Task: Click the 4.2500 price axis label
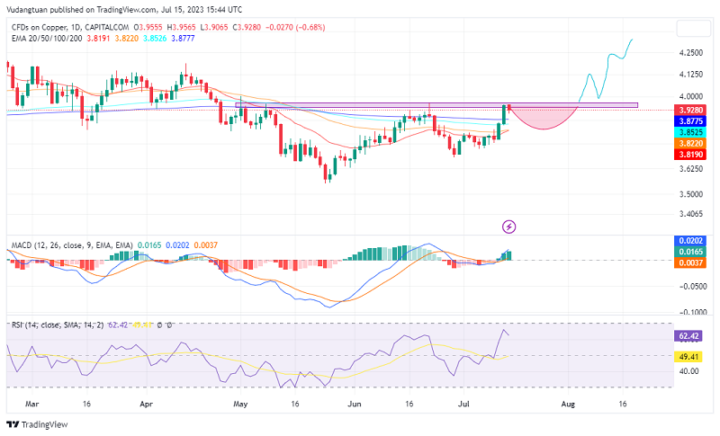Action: pos(691,52)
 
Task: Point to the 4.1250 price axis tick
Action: pos(691,75)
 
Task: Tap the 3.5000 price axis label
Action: pos(691,194)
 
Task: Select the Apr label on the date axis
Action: pos(147,405)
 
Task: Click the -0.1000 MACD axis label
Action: pos(691,311)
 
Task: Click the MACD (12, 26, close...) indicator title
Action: pos(71,245)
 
